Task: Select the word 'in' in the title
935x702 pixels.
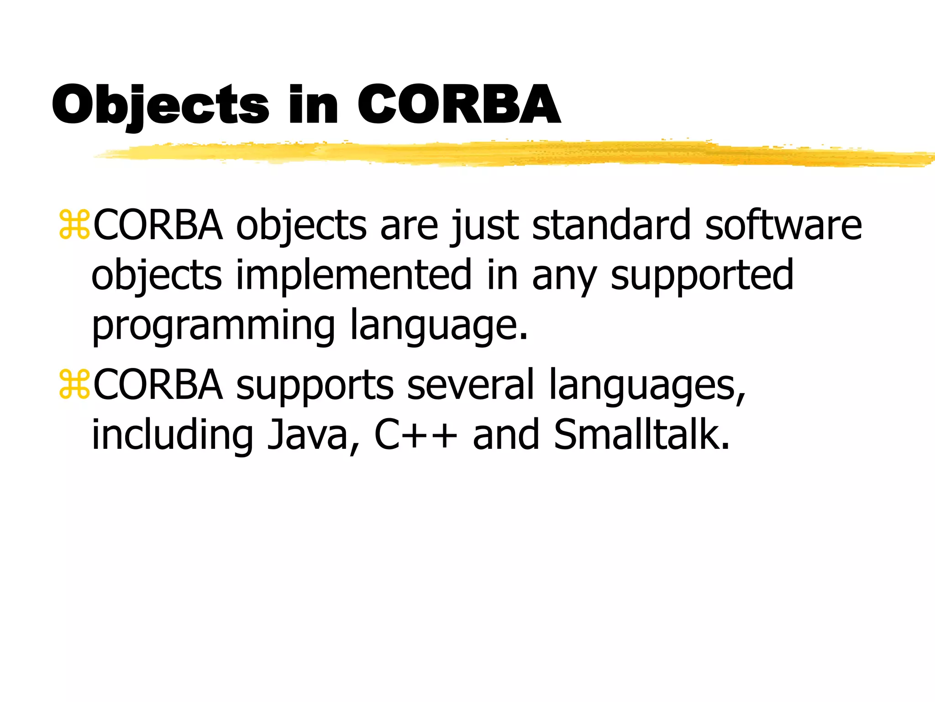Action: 313,105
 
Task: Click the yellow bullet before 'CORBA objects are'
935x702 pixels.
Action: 74,225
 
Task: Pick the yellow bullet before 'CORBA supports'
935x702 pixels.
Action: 74,385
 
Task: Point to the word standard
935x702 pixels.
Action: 611,225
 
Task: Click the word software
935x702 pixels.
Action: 783,225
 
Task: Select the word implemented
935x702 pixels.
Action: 353,275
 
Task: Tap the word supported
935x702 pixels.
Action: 702,276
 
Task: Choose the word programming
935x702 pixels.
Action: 213,325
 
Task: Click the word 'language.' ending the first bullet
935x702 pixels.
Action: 439,325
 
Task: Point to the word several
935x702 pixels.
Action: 470,385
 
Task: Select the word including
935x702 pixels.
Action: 172,436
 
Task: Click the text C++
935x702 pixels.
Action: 415,435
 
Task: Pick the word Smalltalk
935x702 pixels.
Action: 641,435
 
